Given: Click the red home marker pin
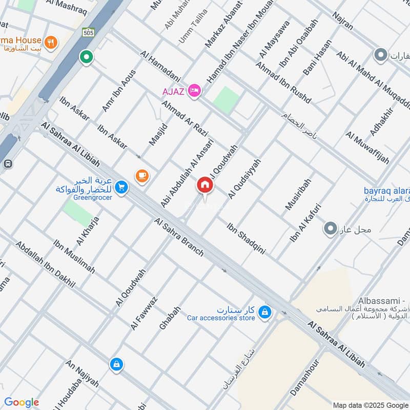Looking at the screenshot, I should coord(205,185).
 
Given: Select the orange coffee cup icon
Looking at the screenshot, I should coord(142,176).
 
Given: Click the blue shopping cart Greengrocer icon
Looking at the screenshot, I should coord(121,187).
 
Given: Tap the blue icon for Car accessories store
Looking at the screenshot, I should coord(264,311).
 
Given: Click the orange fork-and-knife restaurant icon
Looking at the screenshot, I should coord(51,43).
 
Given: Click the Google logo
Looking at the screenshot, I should coord(22,402).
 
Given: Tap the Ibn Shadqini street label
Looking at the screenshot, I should coord(247,238).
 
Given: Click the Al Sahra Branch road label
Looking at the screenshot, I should coord(179,237).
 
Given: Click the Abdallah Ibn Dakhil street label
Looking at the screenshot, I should coord(45,264).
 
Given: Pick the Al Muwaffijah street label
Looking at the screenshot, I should coord(367,148).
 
